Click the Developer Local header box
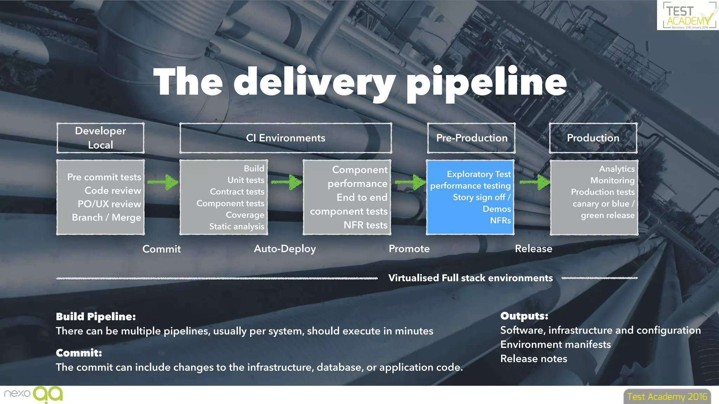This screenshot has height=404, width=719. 100,138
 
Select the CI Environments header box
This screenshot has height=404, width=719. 285,138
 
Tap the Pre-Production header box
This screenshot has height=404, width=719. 471,138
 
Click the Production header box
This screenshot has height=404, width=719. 593,138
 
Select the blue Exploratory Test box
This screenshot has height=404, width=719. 470,197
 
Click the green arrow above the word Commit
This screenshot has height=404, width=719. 163,182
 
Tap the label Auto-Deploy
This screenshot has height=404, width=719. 285,249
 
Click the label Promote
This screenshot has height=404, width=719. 409,249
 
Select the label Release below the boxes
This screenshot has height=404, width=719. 533,249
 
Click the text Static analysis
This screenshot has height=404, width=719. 237,227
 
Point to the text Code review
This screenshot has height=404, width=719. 113,190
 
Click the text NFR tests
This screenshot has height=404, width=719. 365,225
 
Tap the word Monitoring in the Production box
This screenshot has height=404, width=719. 612,181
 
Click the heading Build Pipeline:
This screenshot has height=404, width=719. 95,316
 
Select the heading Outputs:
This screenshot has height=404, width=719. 524,316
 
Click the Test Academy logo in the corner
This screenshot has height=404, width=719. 687,15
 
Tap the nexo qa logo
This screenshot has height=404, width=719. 34,394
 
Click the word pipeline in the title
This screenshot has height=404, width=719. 486,82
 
